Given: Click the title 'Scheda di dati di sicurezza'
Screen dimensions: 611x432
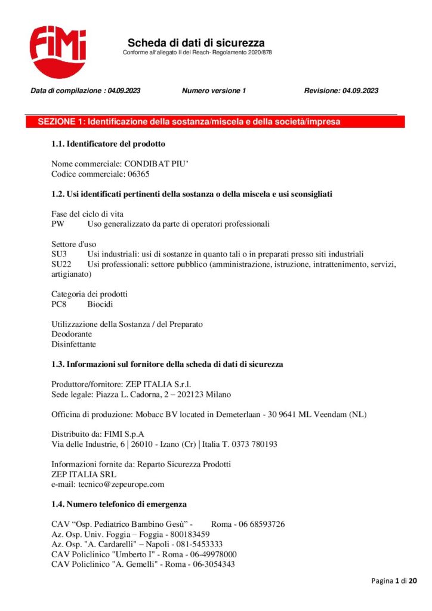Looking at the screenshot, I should tap(196, 43).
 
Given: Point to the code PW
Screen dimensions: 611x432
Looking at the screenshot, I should tap(58, 224).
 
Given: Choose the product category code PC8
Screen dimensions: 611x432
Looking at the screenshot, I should tap(58, 304).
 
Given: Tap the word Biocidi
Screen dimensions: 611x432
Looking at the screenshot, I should tap(101, 304).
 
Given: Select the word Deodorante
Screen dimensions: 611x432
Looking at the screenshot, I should tap(72, 334).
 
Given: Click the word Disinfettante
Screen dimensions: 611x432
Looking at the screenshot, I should tap(73, 344).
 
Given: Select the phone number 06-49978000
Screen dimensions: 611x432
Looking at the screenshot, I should tap(212, 554).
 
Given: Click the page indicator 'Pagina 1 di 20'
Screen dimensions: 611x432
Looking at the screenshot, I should tap(394, 581).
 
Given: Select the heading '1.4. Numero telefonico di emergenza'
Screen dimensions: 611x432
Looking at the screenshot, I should tap(119, 505).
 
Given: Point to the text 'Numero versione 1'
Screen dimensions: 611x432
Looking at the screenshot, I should tap(214, 91).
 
